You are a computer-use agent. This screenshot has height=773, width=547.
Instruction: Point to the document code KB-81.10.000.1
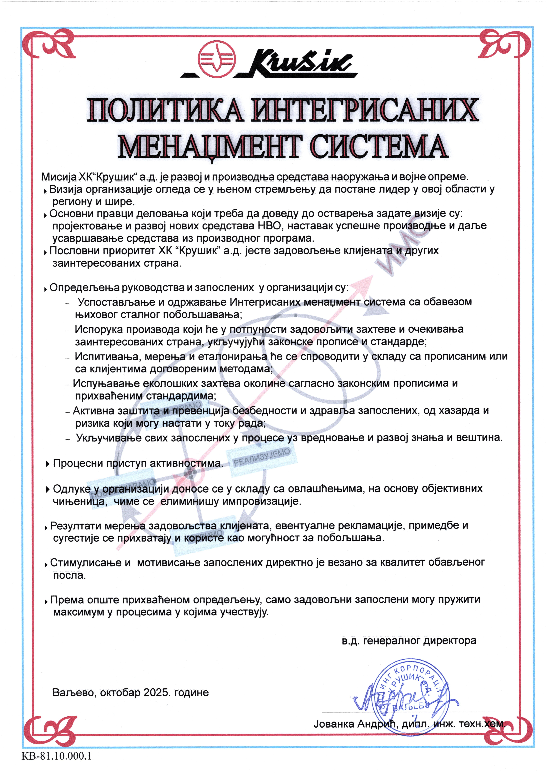(57, 756)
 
